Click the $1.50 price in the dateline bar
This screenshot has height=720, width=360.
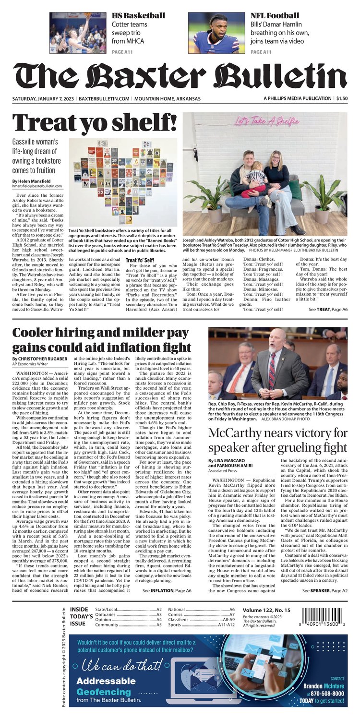click(x=342, y=98)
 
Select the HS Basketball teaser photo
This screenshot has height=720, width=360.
click(x=78, y=33)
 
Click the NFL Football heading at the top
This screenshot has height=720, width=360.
click(x=275, y=15)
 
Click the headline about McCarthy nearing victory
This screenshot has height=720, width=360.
click(x=277, y=441)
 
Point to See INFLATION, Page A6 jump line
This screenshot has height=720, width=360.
click(x=167, y=590)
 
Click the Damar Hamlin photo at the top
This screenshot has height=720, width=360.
click(x=216, y=33)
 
